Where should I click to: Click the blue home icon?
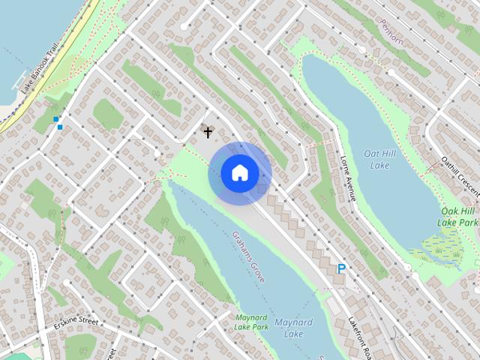tap(240, 172)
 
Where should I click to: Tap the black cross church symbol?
tap(208, 132)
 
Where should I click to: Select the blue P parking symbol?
tap(341, 268)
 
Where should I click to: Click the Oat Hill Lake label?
tap(377, 158)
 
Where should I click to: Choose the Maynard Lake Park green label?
tap(250, 322)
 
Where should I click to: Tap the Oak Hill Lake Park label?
tap(458, 217)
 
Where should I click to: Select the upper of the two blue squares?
tap(55, 118)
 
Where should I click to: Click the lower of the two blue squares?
tap(60, 127)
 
